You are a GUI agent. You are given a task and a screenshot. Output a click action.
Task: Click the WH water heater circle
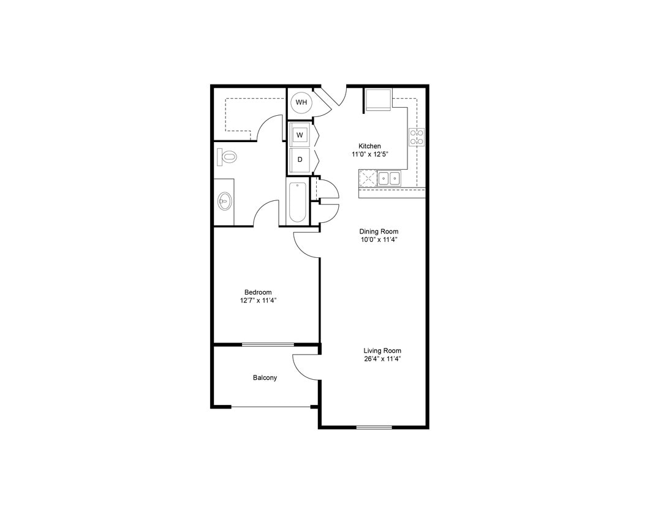(x=301, y=102)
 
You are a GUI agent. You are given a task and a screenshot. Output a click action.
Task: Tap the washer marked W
(x=300, y=134)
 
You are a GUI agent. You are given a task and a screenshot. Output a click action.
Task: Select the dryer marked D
(x=300, y=159)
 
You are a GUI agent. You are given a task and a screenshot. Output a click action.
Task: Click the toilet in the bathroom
(x=227, y=157)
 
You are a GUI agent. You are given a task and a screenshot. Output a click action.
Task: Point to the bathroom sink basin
(x=225, y=200)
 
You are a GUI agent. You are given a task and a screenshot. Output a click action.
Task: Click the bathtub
(x=298, y=202)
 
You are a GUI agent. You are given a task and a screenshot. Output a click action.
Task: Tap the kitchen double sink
(x=388, y=178)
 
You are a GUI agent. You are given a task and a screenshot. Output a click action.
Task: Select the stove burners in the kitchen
(x=417, y=137)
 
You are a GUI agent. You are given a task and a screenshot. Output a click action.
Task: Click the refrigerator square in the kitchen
(x=378, y=99)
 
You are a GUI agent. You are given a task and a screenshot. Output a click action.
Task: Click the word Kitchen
(x=369, y=146)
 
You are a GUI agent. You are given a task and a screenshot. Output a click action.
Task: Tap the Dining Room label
(x=379, y=232)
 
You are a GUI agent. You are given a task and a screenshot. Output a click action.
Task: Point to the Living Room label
(x=382, y=350)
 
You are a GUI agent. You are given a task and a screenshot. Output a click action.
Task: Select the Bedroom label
(x=257, y=292)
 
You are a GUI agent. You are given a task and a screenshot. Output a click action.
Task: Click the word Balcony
(x=265, y=378)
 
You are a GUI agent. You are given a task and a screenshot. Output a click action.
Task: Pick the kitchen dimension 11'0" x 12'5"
(x=369, y=154)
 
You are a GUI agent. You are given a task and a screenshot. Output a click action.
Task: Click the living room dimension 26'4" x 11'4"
(x=382, y=359)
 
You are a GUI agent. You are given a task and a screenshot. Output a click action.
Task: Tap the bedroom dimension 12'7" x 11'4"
(x=257, y=301)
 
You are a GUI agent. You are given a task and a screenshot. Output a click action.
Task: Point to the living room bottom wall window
(x=374, y=427)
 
